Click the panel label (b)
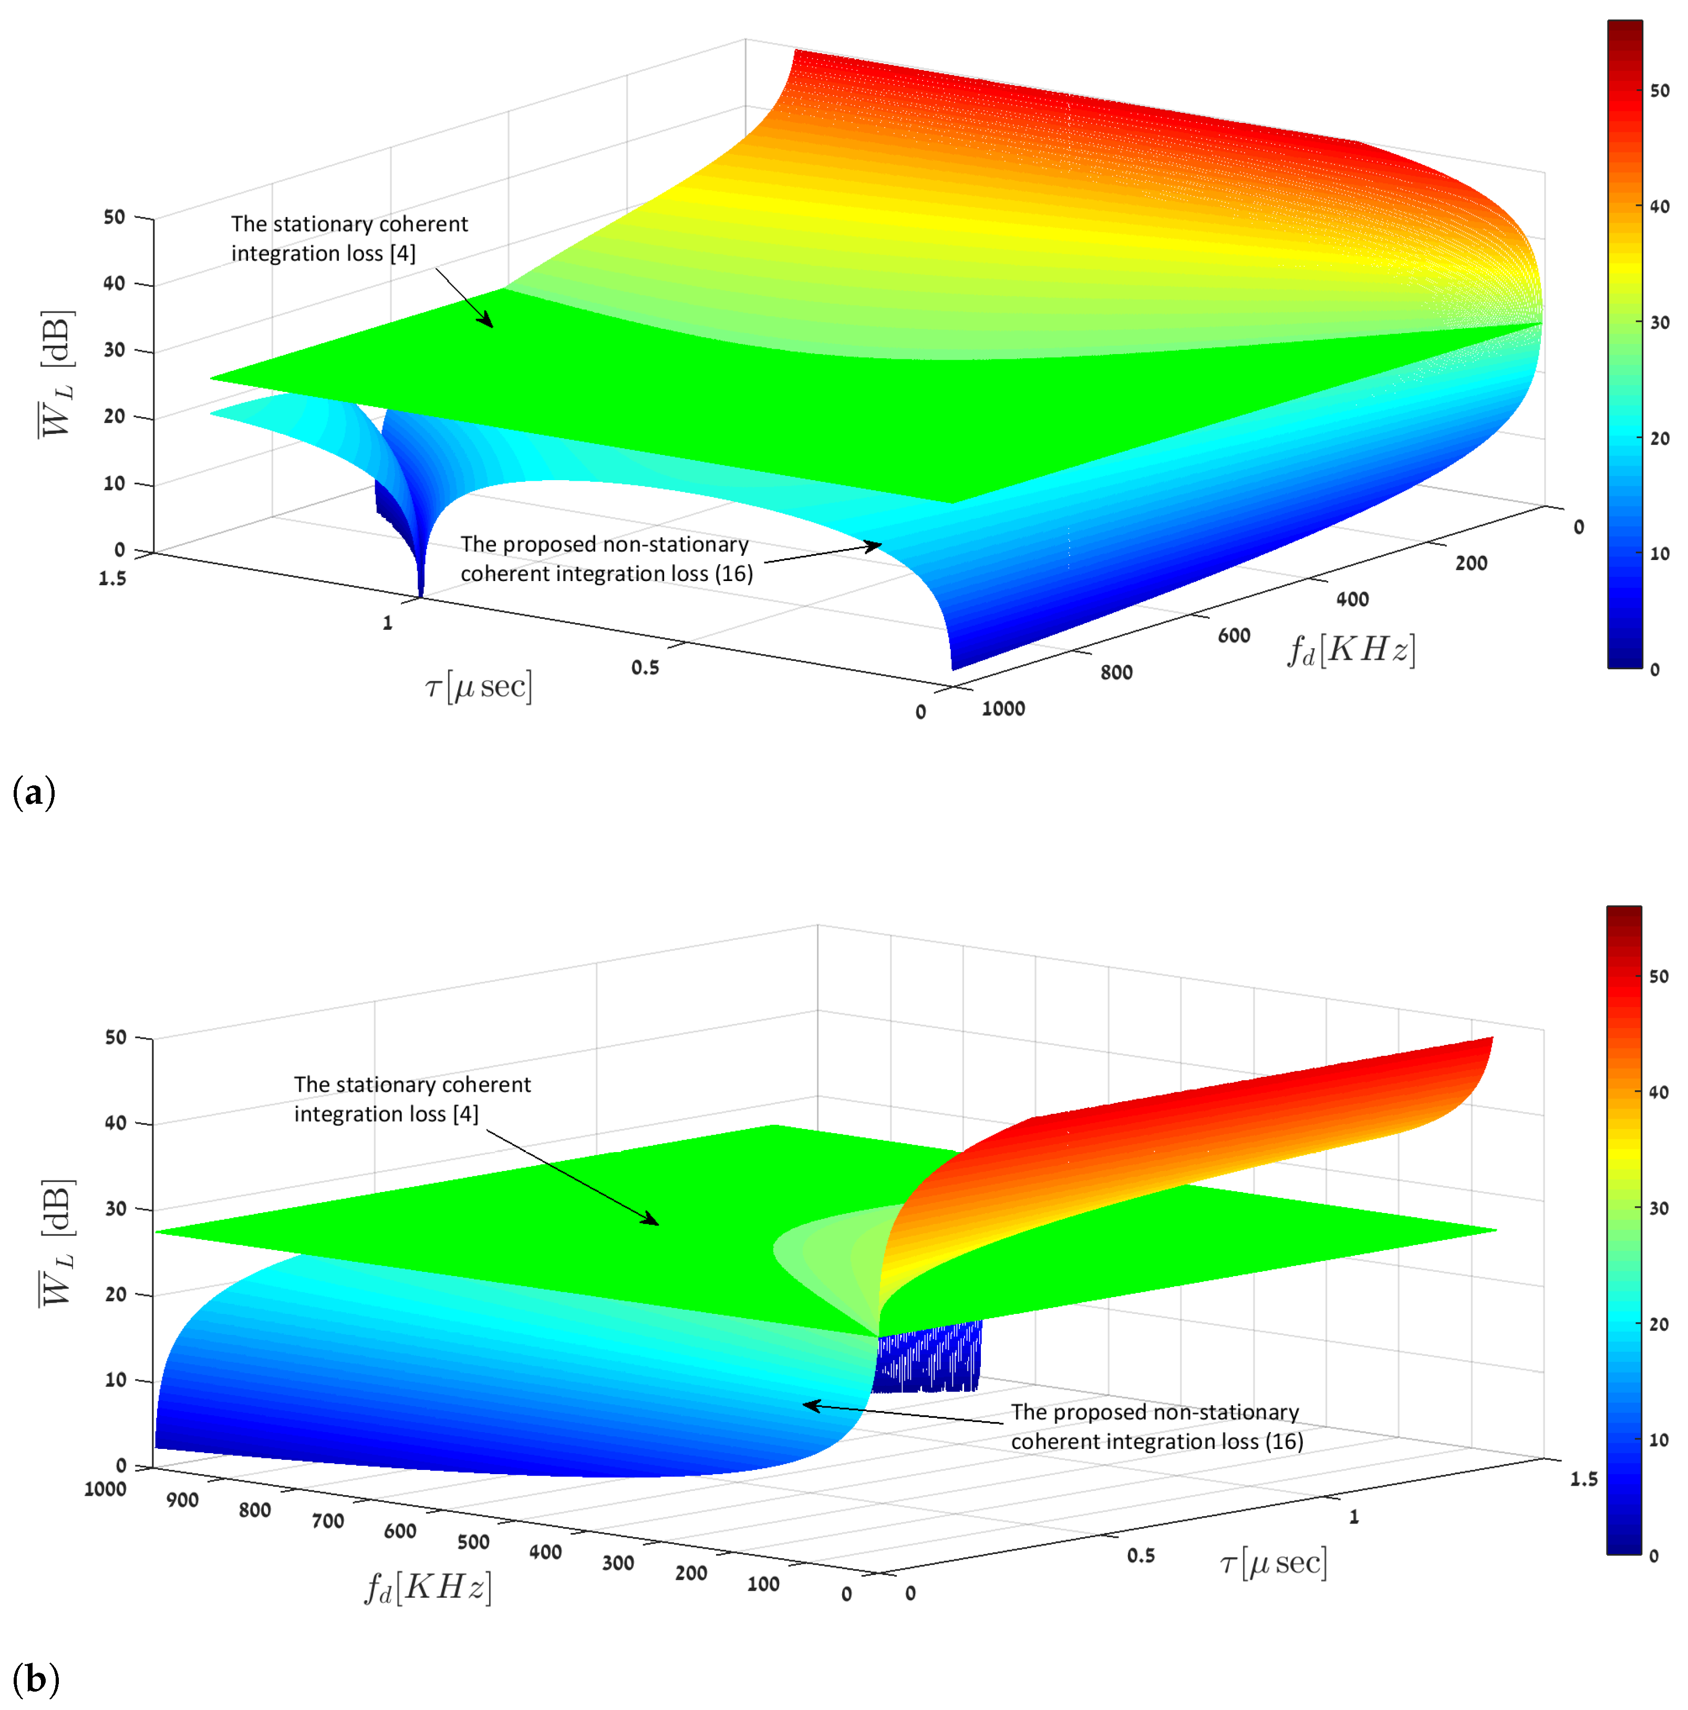click(35, 1678)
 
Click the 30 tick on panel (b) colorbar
click(1659, 1208)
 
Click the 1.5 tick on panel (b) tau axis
click(1583, 1479)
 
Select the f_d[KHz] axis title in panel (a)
click(1351, 650)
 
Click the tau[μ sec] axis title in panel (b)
click(1273, 1563)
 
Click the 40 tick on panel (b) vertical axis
click(115, 1123)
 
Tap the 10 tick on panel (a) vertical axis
click(114, 483)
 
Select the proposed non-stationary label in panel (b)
click(1156, 1427)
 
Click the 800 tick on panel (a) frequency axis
click(1116, 672)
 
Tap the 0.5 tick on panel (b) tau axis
click(1140, 1555)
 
